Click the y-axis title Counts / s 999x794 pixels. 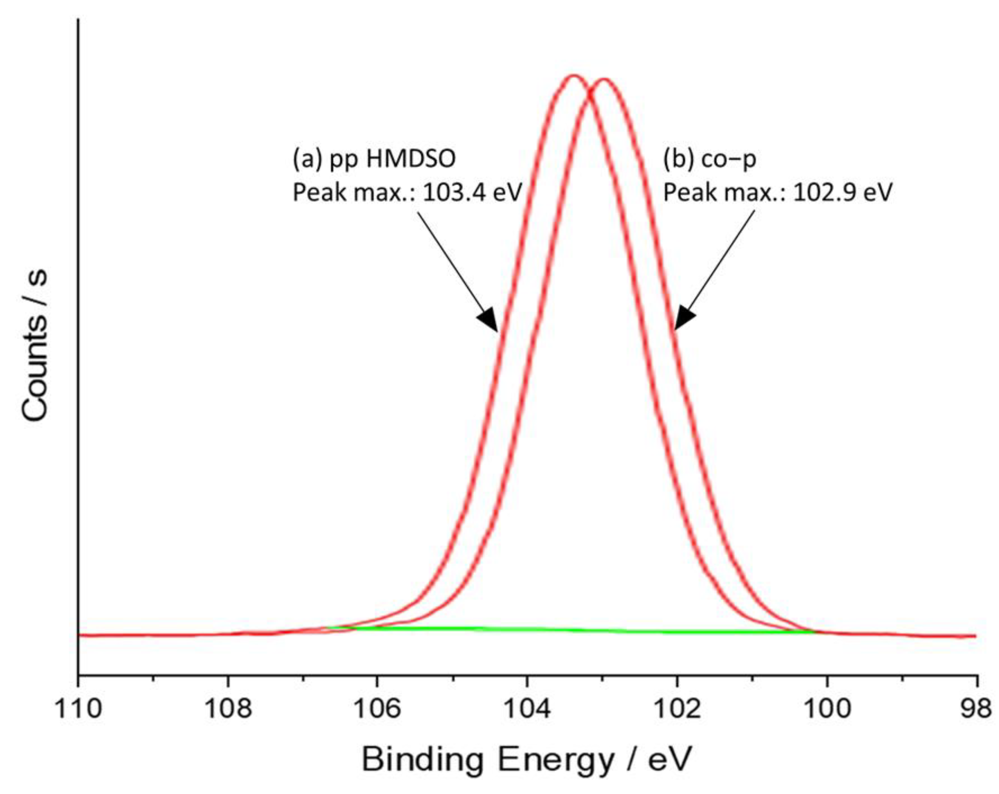[35, 345]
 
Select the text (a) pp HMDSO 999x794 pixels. [374, 159]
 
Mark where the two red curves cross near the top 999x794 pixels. [590, 93]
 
